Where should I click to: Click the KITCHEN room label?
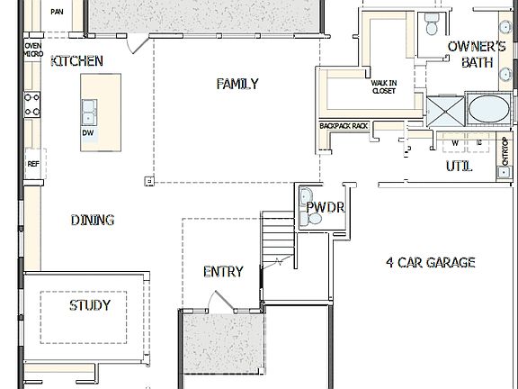click(76, 61)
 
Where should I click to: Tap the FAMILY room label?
click(237, 84)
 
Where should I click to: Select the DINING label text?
click(92, 220)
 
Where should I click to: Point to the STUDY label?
click(90, 305)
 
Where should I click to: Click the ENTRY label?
click(222, 271)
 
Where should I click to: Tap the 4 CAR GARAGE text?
click(430, 263)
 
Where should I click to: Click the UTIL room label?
click(460, 167)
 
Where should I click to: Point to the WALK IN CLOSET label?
click(384, 86)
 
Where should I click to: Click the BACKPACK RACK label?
click(344, 126)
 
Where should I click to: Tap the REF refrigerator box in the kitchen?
click(33, 164)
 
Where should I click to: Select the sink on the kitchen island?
click(89, 112)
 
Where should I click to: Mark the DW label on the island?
click(88, 132)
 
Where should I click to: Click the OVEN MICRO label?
click(33, 50)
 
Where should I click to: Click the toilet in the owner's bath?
click(431, 20)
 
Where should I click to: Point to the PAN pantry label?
click(58, 12)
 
